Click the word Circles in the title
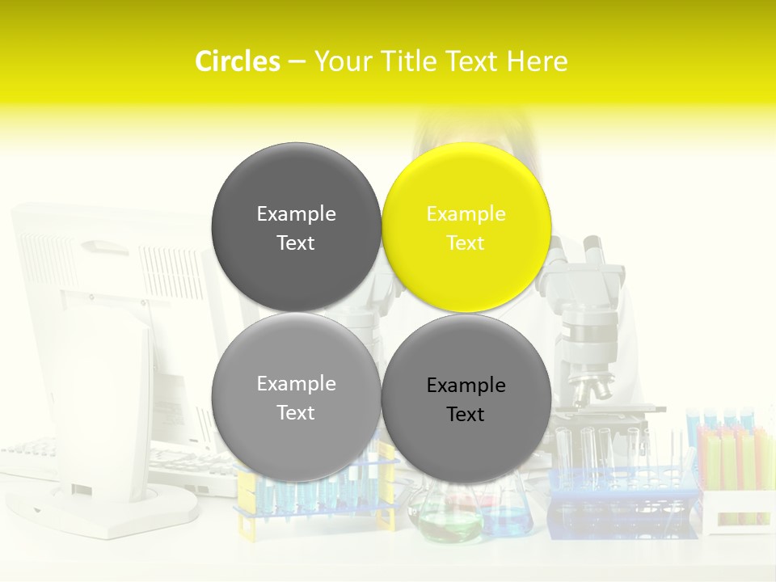tap(237, 61)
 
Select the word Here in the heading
tap(537, 61)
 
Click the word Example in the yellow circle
tap(466, 214)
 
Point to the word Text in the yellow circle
tap(466, 243)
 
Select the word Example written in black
tap(466, 386)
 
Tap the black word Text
tap(466, 415)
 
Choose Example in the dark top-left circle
tap(296, 214)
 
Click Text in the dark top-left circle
tap(296, 243)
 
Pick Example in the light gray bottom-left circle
tap(296, 384)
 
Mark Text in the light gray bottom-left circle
tap(296, 413)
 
